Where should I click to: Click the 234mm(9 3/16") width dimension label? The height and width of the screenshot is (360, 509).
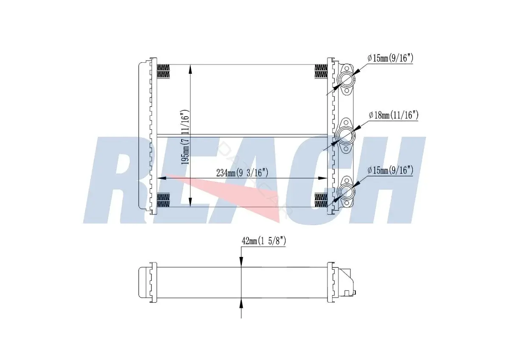pyautogui.click(x=242, y=173)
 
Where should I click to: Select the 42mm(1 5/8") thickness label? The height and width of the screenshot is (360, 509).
pyautogui.click(x=263, y=241)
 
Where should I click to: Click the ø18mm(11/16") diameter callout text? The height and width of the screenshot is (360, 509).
pyautogui.click(x=394, y=115)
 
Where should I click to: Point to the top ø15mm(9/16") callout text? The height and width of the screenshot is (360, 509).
pyautogui.click(x=390, y=59)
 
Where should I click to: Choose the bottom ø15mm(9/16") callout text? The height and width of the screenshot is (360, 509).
pyautogui.click(x=390, y=170)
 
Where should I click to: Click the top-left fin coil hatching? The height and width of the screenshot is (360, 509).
pyautogui.click(x=163, y=71)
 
